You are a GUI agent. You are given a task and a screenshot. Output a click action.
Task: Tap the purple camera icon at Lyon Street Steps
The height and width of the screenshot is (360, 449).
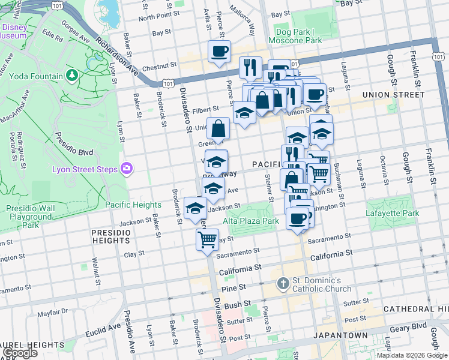[126, 169]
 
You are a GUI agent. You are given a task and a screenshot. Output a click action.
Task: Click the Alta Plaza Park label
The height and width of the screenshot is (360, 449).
[251, 221]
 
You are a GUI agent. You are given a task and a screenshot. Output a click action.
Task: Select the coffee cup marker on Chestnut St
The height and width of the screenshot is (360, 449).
[219, 52]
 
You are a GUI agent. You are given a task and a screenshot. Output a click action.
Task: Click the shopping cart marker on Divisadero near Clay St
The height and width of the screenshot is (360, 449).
[207, 239]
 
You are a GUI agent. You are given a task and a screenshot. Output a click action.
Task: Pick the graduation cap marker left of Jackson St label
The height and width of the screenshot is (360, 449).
[195, 208]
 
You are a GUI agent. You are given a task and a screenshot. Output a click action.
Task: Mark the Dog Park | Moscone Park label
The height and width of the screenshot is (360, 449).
[299, 36]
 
